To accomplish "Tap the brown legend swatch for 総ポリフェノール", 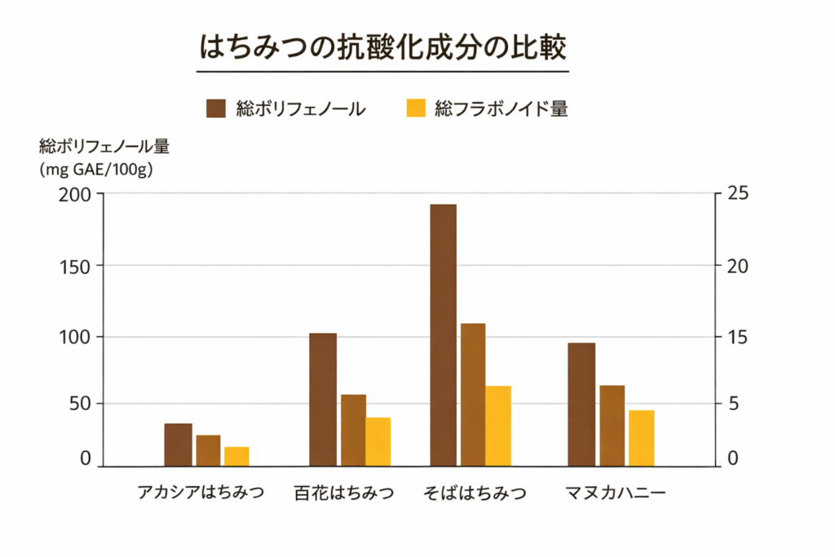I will (216, 108).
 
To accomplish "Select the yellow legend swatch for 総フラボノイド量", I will (416, 108).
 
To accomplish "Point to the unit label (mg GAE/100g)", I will (95, 170).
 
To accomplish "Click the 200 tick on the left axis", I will (76, 195).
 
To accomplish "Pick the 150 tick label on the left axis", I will (76, 266).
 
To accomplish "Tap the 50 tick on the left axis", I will (80, 404).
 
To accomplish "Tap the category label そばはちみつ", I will (475, 493).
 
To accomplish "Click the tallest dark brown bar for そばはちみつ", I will (443, 335).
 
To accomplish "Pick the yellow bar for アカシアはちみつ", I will (236, 457).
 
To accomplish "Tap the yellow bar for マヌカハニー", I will (641, 438).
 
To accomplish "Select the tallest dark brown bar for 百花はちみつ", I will (323, 400).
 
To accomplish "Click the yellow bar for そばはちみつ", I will (497, 426).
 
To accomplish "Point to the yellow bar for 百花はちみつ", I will (378, 442).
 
